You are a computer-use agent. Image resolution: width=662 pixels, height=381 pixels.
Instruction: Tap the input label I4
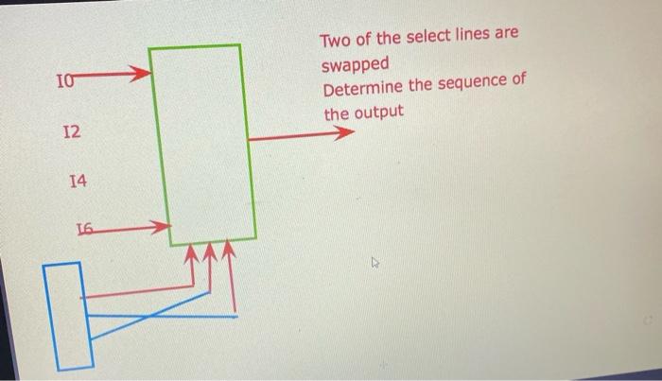point(78,178)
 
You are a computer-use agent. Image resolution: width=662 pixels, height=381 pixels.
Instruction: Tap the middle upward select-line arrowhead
point(210,253)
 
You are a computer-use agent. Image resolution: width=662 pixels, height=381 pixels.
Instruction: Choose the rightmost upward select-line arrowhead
point(228,253)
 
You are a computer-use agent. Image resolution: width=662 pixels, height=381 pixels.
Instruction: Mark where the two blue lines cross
point(144,318)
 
